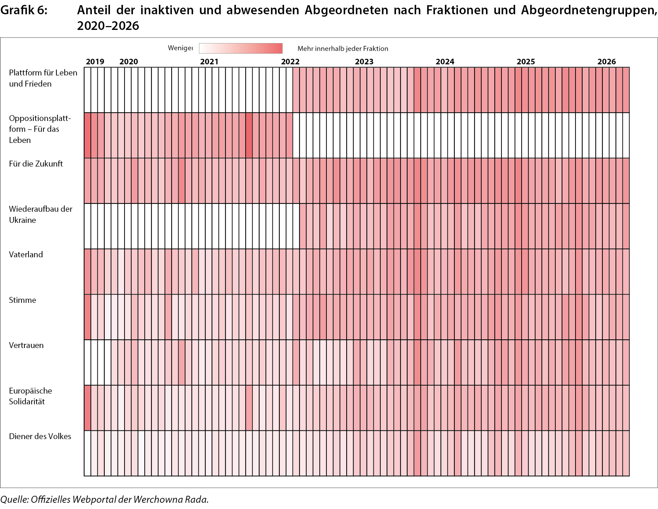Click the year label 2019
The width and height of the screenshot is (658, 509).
point(95,62)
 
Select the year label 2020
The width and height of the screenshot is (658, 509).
point(129,62)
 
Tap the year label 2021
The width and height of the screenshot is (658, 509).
point(209,62)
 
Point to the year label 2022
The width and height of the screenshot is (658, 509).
point(290,62)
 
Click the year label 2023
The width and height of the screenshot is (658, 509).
point(364,62)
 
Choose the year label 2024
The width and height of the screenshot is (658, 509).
point(445,62)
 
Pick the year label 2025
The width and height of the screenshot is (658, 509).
point(526,62)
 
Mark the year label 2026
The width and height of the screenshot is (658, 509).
point(607,62)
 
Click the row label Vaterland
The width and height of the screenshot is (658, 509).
point(26,255)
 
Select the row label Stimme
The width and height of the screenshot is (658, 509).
point(23,300)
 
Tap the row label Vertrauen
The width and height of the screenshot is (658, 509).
point(26,345)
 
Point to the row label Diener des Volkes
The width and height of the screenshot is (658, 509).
point(40,436)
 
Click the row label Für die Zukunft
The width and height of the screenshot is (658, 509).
point(36,164)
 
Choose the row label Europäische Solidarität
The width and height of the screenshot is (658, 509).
point(31,396)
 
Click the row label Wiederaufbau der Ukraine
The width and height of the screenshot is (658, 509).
point(41,215)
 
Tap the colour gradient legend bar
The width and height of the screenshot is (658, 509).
point(241,48)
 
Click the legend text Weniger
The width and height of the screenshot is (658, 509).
point(180,48)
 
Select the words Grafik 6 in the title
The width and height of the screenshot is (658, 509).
point(24,10)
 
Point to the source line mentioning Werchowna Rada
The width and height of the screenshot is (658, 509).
point(104,500)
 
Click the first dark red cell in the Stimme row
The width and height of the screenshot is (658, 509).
point(87,317)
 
